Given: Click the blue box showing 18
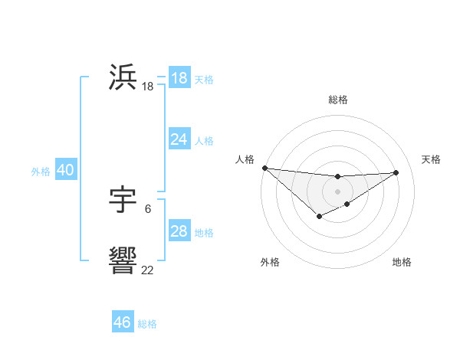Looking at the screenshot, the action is [x=179, y=78].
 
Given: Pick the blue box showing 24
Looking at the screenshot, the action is [x=179, y=139].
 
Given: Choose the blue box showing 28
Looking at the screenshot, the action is [x=179, y=231].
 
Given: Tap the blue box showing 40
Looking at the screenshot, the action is [x=65, y=170].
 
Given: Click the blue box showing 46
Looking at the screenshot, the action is [x=123, y=322].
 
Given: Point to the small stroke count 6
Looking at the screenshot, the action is [x=148, y=208].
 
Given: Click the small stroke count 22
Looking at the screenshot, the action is [x=148, y=270].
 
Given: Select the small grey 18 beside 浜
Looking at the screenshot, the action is [x=148, y=87].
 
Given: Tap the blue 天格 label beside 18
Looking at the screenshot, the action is [x=204, y=79].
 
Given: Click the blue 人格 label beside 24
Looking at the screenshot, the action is [x=204, y=140].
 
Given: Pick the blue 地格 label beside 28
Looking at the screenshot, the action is [x=204, y=232].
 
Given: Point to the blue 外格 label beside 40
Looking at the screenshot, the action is [x=41, y=172].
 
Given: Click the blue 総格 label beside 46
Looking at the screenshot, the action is [x=147, y=324].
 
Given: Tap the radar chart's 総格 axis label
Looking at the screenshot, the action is [x=337, y=100].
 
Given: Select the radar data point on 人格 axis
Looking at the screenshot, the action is [x=264, y=168].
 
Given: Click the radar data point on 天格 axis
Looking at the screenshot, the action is [x=396, y=172].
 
